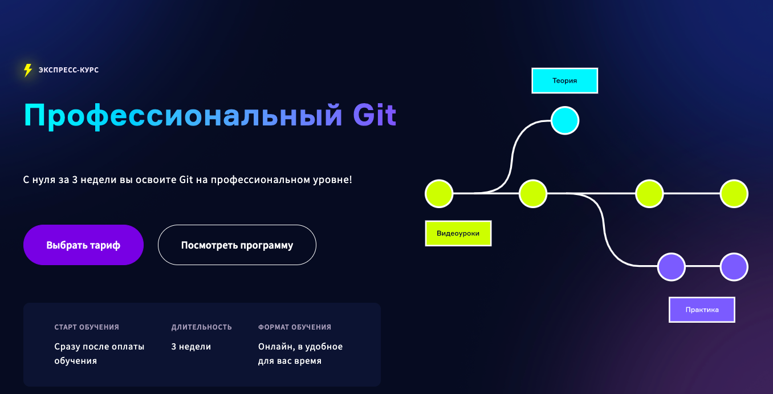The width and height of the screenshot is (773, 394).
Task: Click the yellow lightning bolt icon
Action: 28,70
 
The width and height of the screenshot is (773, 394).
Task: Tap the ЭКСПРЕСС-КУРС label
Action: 68,70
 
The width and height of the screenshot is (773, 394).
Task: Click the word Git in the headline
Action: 375,115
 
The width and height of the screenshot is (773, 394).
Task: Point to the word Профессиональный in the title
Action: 183,117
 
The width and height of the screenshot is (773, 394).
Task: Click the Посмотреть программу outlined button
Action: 237,245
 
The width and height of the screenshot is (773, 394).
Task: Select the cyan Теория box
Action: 564,80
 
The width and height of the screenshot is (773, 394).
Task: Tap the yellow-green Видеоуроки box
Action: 458,233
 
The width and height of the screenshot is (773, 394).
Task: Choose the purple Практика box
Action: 702,310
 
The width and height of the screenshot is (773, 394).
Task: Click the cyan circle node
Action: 565,120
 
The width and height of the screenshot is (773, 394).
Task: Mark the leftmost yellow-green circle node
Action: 439,194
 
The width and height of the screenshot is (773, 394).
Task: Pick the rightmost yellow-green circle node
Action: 734,194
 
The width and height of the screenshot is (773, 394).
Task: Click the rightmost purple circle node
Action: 734,267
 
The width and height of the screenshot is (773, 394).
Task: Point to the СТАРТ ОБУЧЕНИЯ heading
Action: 87,327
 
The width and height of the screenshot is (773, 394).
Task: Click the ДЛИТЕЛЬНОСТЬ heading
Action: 202,327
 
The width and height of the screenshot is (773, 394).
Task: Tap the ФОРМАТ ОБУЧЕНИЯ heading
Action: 295,327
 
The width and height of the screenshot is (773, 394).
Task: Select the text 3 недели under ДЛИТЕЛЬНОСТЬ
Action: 191,347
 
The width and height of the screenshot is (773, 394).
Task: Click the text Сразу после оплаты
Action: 99,347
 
